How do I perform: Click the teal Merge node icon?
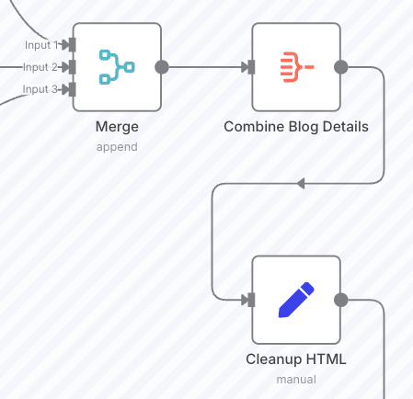click(x=117, y=67)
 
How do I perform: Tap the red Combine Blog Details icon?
click(x=296, y=67)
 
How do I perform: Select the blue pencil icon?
click(x=296, y=300)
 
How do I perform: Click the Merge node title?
click(x=117, y=127)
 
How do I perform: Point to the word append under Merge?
click(x=117, y=147)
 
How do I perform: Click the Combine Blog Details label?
click(x=296, y=127)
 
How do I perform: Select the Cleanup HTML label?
click(x=296, y=359)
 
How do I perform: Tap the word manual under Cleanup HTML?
click(x=296, y=380)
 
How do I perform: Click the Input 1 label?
click(x=41, y=45)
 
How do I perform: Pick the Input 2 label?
click(x=40, y=67)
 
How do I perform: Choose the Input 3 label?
click(x=40, y=89)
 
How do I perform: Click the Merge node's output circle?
click(x=162, y=67)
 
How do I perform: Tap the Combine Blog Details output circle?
click(x=341, y=67)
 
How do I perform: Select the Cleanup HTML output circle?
click(x=341, y=300)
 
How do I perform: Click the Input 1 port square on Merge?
click(x=72, y=45)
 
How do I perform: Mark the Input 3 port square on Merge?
click(x=72, y=89)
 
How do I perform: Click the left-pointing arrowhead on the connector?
click(x=301, y=184)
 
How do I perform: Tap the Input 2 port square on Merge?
click(x=72, y=67)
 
